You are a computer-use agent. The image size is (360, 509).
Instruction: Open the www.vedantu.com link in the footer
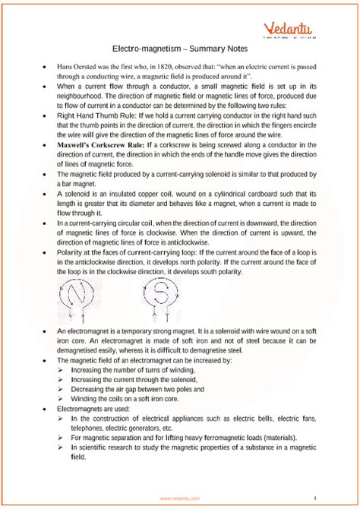point(179,498)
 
